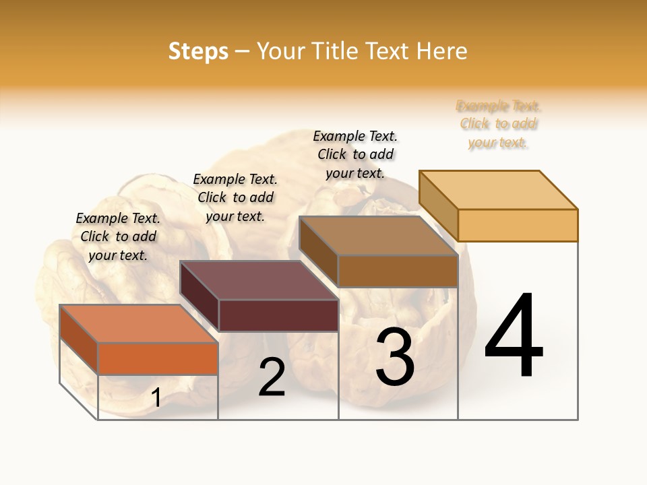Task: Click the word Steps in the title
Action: pos(198,51)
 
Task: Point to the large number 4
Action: pos(514,337)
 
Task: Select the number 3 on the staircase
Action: pos(394,357)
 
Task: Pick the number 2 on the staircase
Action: pos(272,378)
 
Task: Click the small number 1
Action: pos(156,398)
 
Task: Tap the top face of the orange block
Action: pos(139,324)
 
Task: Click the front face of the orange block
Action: pos(158,358)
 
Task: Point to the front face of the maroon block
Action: pos(278,315)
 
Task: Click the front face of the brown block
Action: pos(398,271)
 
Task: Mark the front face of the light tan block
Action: pos(518,225)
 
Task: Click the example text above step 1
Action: pos(118,236)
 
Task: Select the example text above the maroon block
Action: pos(235,197)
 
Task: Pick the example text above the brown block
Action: pos(355,154)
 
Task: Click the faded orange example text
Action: pos(499,124)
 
